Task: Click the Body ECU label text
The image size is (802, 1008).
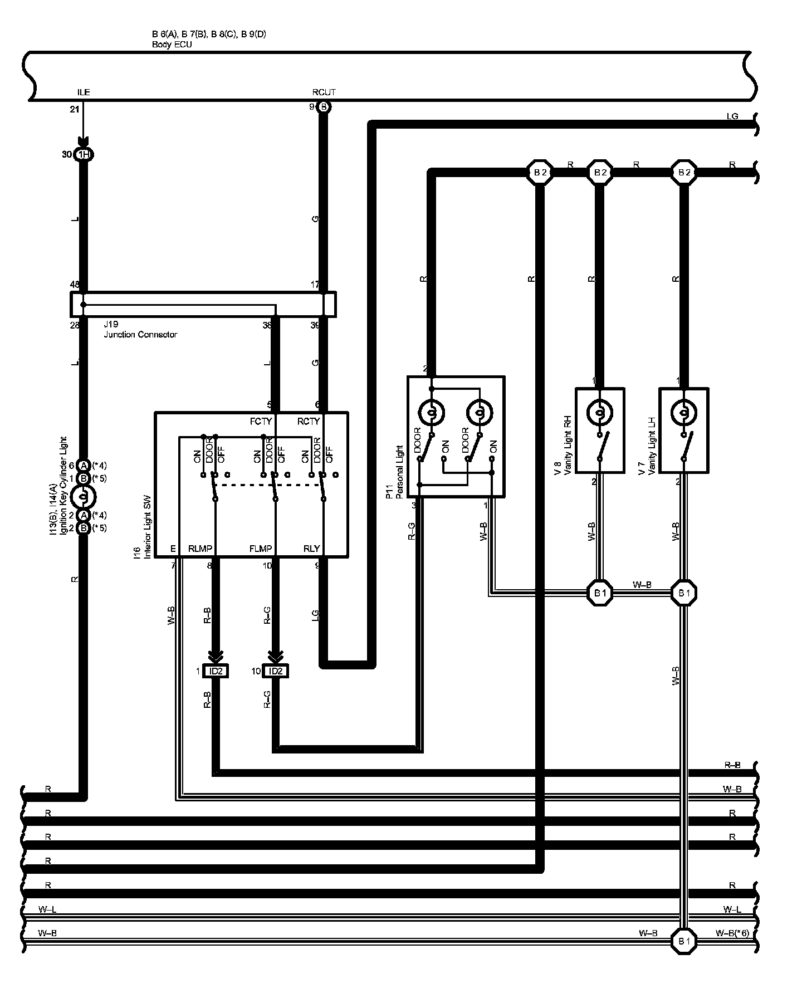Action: [172, 45]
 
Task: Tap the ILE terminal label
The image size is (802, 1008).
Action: [84, 93]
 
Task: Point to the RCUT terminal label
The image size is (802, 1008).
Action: [324, 92]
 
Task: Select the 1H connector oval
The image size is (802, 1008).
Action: [84, 154]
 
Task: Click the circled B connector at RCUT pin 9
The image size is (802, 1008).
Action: [324, 107]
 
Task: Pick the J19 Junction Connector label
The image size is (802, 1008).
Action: [140, 330]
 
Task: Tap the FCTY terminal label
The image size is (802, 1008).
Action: [261, 422]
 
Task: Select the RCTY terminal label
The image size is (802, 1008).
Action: [308, 422]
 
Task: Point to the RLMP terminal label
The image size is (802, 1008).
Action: [200, 549]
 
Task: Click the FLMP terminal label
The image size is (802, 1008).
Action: [261, 549]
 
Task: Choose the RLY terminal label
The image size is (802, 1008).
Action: [311, 549]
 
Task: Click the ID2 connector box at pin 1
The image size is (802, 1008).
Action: [216, 671]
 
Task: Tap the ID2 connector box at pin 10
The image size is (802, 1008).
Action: [275, 671]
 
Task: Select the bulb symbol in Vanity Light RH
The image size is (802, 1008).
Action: [599, 413]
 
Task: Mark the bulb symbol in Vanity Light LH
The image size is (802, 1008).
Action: [684, 413]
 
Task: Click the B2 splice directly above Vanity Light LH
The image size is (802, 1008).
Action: [684, 173]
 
